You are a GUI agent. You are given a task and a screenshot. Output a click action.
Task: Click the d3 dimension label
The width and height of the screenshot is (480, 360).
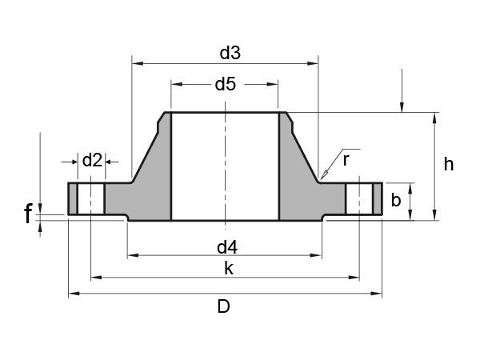pyautogui.click(x=230, y=53)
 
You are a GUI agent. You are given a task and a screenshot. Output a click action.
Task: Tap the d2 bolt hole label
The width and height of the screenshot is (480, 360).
pyautogui.click(x=92, y=160)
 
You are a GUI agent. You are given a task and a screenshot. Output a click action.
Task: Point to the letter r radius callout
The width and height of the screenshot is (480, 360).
pyautogui.click(x=346, y=159)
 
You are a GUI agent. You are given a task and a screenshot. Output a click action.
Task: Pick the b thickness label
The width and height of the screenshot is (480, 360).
pyautogui.click(x=395, y=200)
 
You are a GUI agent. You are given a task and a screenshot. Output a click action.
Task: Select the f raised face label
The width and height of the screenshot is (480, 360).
pyautogui.click(x=29, y=214)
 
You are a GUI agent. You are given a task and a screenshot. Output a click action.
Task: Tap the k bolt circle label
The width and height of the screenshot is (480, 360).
pyautogui.click(x=228, y=269)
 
